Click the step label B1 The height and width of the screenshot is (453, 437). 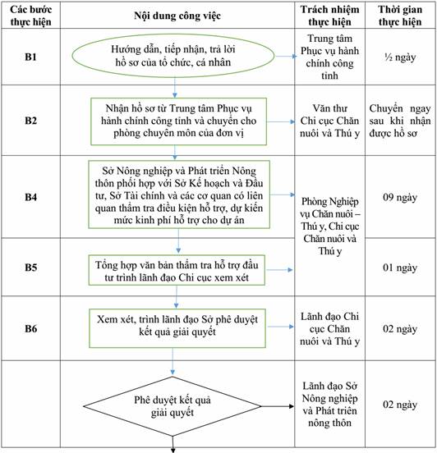30,57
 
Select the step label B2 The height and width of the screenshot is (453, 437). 30,120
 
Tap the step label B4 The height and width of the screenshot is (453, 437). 30,197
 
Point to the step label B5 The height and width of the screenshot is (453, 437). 30,268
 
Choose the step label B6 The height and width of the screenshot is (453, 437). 30,328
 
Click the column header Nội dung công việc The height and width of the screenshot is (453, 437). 177,16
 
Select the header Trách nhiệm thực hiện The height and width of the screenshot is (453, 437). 329,16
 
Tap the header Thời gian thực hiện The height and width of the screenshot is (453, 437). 400,16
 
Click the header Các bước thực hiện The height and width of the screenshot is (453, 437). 30,16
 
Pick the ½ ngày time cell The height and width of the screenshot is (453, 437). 400,57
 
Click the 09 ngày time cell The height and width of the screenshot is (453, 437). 400,198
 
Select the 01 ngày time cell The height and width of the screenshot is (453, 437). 400,268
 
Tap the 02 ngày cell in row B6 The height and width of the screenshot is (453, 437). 400,329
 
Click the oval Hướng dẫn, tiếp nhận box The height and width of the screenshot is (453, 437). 173,56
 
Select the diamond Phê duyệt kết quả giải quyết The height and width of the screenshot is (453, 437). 172,406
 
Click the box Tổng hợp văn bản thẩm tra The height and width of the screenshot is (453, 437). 177,271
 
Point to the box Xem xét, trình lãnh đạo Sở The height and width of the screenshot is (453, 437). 177,328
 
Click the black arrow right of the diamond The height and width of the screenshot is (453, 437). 278,406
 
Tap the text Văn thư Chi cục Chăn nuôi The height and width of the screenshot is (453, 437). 329,121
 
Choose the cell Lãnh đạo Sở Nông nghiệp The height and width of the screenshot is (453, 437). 329,405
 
